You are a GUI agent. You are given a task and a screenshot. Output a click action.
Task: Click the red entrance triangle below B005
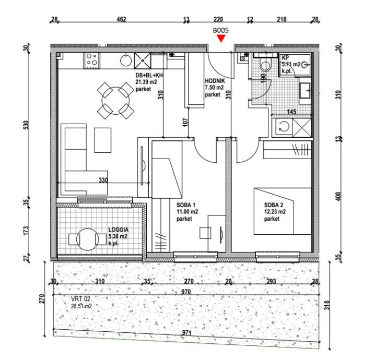[x=221, y=38]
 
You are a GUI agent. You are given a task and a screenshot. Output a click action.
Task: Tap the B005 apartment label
[x=221, y=30]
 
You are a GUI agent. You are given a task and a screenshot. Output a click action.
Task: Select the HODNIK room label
[x=215, y=81]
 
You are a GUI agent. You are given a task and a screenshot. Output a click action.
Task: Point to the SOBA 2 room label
[x=274, y=205]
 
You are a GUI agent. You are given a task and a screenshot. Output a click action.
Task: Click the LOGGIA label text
[x=119, y=230]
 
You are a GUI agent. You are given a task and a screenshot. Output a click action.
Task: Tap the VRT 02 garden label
[x=80, y=299]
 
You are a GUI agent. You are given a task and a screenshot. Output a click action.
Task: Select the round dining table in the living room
[x=115, y=100]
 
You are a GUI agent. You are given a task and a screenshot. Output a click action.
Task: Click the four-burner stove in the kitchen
[x=91, y=61]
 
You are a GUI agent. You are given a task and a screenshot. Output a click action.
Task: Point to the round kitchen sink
[x=126, y=60]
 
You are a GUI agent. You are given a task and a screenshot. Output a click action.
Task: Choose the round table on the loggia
[x=88, y=239]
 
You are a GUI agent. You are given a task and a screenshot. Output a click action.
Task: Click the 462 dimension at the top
[x=121, y=19]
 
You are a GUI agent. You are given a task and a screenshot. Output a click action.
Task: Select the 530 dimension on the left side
[x=26, y=125]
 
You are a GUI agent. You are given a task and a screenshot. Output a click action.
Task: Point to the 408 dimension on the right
[x=338, y=196]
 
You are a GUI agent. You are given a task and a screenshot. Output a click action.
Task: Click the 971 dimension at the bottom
[x=186, y=332]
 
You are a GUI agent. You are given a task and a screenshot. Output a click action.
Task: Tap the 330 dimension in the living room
[x=103, y=180]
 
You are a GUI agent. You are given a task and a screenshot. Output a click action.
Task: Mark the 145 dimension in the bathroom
[x=291, y=111]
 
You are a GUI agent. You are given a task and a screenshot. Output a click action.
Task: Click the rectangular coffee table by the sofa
[x=103, y=140]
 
